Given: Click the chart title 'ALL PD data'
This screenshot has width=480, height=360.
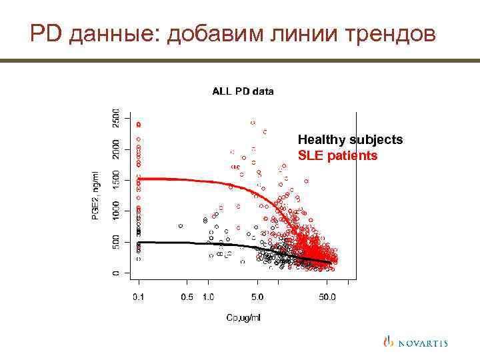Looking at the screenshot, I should [x=243, y=91].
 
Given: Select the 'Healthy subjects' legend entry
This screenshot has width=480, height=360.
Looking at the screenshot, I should [x=350, y=140].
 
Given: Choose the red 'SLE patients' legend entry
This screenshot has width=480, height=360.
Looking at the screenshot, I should [x=337, y=156].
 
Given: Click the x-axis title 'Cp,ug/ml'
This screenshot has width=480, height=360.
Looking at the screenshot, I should [x=243, y=317].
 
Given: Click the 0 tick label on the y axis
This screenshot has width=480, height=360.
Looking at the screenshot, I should [x=116, y=272].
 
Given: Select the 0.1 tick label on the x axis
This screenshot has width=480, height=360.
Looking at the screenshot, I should [x=138, y=297].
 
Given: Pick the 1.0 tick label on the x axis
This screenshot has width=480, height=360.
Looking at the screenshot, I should [x=208, y=297].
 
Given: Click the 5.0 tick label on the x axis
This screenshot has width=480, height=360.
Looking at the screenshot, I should [x=257, y=297].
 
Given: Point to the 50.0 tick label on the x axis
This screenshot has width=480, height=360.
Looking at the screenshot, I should [x=327, y=297].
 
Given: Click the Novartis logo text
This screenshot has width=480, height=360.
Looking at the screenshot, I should [x=423, y=343].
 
